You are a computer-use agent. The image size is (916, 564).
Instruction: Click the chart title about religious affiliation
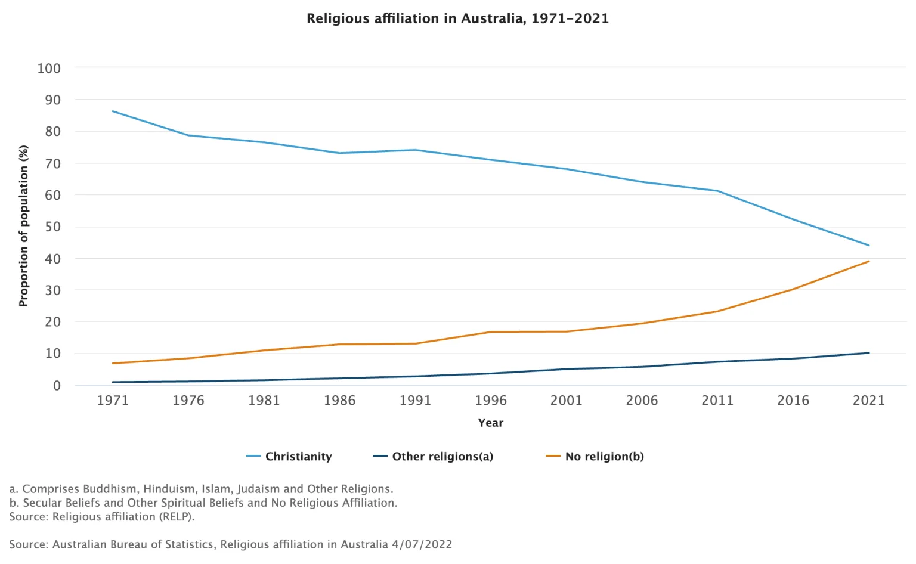tap(457, 18)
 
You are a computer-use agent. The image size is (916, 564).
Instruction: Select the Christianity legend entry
tap(298, 457)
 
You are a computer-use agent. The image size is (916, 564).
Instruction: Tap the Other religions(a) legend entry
tap(442, 457)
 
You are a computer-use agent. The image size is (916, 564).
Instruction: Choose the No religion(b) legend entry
tap(604, 457)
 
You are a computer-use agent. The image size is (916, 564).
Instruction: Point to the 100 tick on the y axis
tap(49, 69)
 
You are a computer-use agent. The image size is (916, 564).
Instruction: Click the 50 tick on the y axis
tap(52, 227)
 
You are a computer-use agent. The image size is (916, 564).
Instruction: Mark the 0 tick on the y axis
tap(57, 386)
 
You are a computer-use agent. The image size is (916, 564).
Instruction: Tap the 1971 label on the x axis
tap(113, 401)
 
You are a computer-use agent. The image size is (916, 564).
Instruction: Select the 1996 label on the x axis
tap(491, 401)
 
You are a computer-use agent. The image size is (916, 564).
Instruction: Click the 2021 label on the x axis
tap(868, 401)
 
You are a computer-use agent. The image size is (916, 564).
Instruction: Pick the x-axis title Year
tap(491, 423)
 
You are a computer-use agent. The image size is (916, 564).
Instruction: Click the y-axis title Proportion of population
tap(24, 226)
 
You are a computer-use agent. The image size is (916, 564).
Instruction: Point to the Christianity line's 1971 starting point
tap(113, 111)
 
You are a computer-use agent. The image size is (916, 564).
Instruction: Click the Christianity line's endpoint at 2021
tap(869, 245)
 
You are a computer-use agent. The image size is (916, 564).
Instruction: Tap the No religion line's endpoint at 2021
tap(869, 261)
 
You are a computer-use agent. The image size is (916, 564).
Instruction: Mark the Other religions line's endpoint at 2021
tap(869, 353)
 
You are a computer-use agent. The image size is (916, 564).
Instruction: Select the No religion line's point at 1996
tap(491, 332)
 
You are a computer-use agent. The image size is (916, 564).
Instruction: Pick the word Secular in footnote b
tap(42, 503)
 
